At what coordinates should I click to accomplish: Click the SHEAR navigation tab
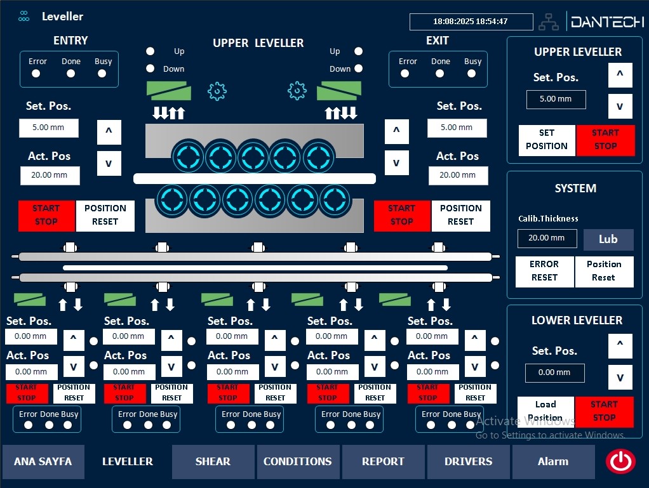pos(213,461)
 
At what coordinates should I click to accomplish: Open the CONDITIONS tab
pos(297,461)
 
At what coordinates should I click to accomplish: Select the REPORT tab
pos(383,461)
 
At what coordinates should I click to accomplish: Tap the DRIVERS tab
pos(469,461)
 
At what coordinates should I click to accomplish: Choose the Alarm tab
pos(553,461)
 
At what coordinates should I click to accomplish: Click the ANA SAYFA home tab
pos(43,461)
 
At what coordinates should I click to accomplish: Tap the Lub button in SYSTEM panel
pos(608,239)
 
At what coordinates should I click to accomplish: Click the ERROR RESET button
pos(544,271)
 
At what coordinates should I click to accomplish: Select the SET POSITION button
pos(547,140)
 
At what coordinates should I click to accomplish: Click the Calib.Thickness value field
pos(547,238)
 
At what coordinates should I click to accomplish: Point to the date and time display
pos(471,22)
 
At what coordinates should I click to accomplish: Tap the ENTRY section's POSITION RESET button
pos(105,215)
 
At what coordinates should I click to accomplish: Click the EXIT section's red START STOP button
pos(402,215)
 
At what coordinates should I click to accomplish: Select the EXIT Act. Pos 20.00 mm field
pos(458,175)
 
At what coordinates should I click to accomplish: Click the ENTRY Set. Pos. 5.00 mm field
pos(49,127)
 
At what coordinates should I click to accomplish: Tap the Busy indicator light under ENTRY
pos(102,73)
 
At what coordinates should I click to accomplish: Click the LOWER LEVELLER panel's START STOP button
pos(604,411)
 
